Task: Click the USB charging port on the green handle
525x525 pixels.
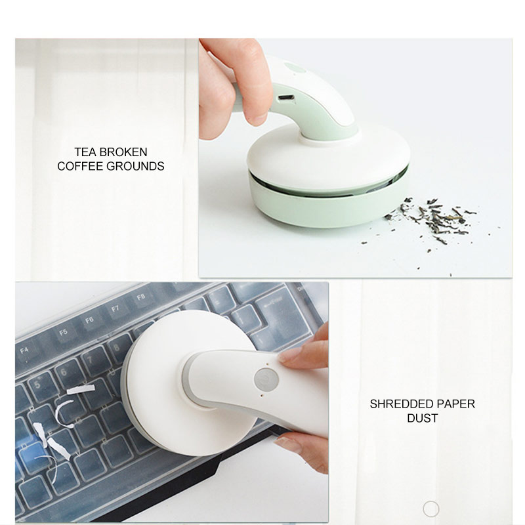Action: tap(285, 99)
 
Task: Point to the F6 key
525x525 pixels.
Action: tap(89, 320)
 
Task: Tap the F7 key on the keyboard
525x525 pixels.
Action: tap(115, 307)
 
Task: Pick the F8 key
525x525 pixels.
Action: tap(140, 297)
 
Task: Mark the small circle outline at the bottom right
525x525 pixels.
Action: tap(430, 508)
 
